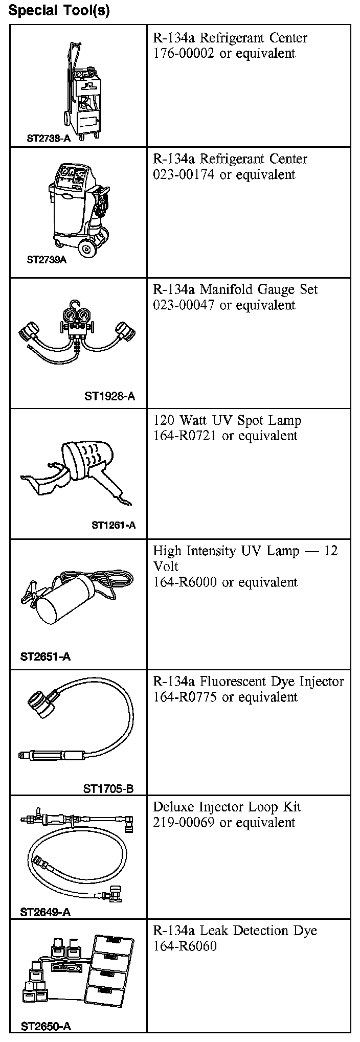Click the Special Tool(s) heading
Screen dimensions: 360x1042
pos(59,10)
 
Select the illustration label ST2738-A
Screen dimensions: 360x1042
pos(49,138)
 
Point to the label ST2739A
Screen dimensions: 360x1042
pos(47,259)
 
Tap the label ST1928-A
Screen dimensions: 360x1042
pos(109,396)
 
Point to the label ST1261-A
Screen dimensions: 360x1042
pos(114,525)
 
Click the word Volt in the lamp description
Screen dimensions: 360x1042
pos(166,567)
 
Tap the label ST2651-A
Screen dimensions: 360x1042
pos(46,656)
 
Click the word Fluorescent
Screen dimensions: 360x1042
pos(233,682)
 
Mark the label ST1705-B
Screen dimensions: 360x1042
pos(108,788)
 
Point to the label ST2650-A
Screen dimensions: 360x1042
pos(46,1026)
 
